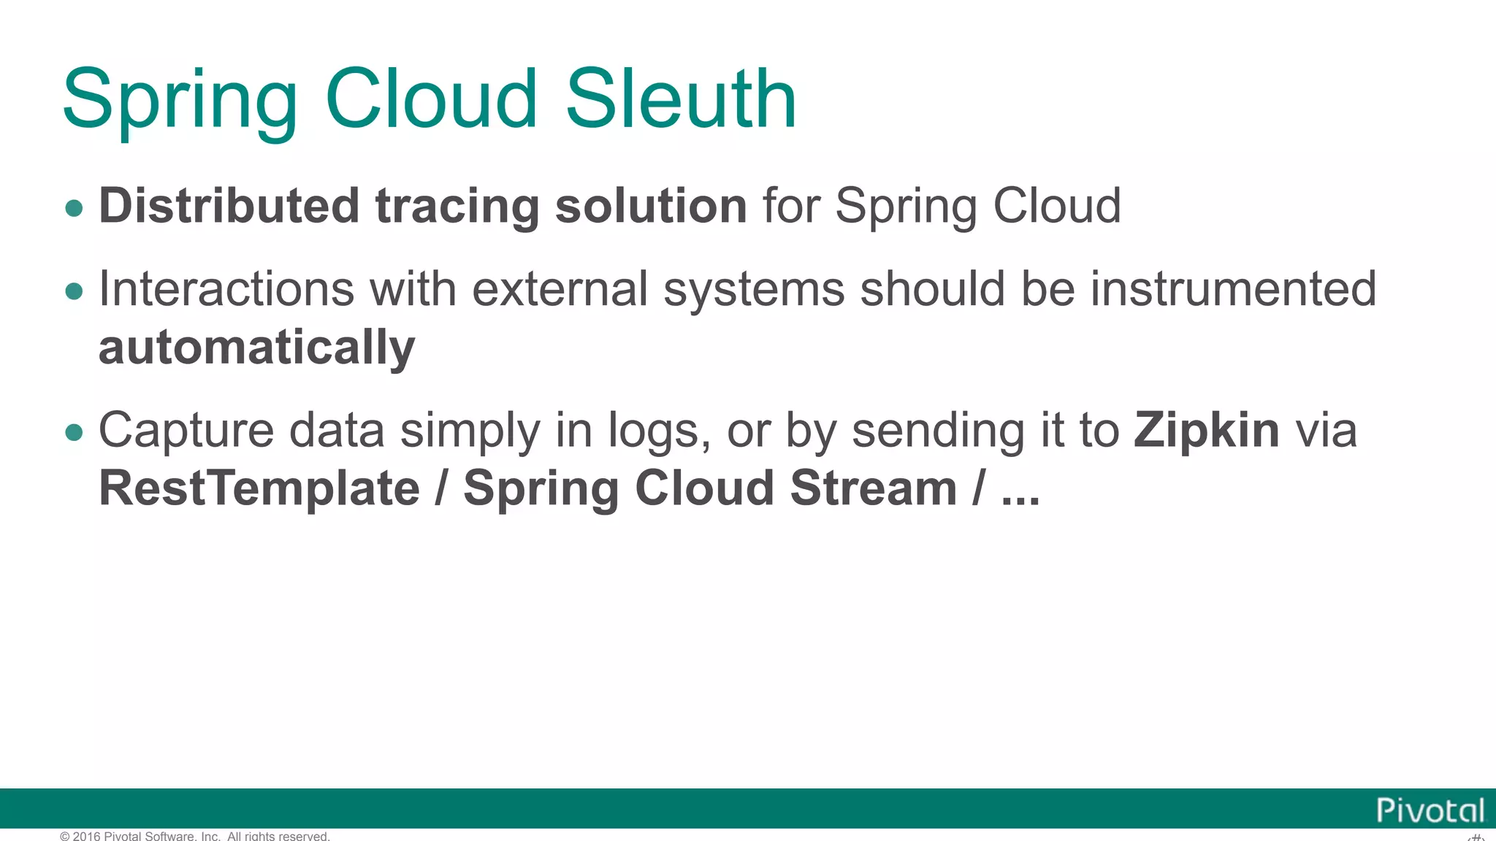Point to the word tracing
(457, 207)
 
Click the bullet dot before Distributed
(74, 209)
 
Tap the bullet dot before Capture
(74, 433)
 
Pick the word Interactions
(226, 288)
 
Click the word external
(560, 288)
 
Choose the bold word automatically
(256, 347)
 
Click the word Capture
(186, 431)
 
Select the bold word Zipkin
(1207, 431)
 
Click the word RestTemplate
(259, 488)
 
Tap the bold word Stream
(873, 488)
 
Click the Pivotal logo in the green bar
(1430, 810)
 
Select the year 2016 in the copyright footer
(86, 836)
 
